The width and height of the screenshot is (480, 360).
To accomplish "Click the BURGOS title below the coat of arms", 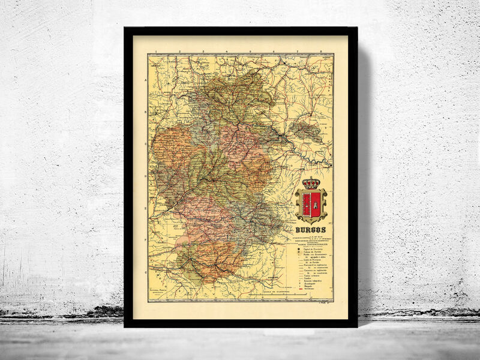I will (x=311, y=229).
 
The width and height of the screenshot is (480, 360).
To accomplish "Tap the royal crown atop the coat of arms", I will (x=311, y=183).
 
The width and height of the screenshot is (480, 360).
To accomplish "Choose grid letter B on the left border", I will (x=145, y=112).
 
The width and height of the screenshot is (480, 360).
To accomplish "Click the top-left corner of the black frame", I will (x=125, y=28).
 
